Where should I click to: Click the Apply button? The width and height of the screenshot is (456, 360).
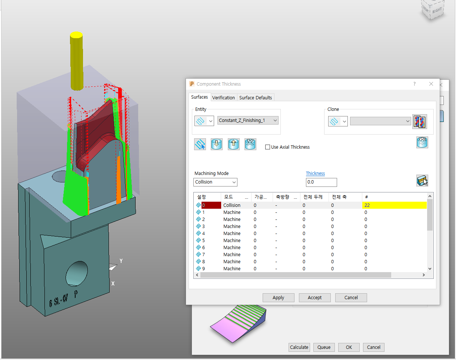(x=278, y=297)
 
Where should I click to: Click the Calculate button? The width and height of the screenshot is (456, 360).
(x=299, y=347)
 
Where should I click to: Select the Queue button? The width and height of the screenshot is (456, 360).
(x=324, y=347)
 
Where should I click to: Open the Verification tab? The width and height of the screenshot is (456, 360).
(x=223, y=98)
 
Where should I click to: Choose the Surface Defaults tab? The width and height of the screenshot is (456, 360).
(x=256, y=98)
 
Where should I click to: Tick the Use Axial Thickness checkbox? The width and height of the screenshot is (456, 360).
(x=268, y=147)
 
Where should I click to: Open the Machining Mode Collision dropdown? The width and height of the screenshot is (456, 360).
(x=216, y=182)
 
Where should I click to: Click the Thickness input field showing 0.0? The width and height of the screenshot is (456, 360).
(x=321, y=182)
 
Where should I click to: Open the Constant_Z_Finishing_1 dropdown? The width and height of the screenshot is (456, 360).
(x=248, y=120)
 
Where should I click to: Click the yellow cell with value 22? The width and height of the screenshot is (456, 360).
(x=394, y=205)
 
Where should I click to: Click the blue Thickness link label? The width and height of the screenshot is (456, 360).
(x=315, y=173)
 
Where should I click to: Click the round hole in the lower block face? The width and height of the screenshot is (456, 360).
(x=77, y=273)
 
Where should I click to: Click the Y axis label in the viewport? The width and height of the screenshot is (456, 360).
(x=121, y=261)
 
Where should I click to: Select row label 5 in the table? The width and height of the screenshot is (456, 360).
(x=203, y=240)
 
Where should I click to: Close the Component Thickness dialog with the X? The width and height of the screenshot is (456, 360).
(x=431, y=84)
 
